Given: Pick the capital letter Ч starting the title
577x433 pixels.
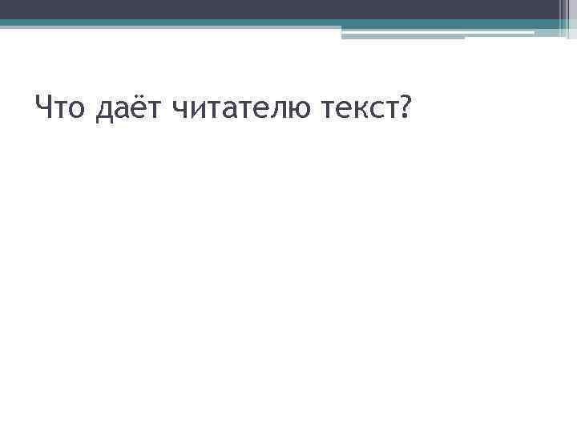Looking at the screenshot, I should coord(44,105).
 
